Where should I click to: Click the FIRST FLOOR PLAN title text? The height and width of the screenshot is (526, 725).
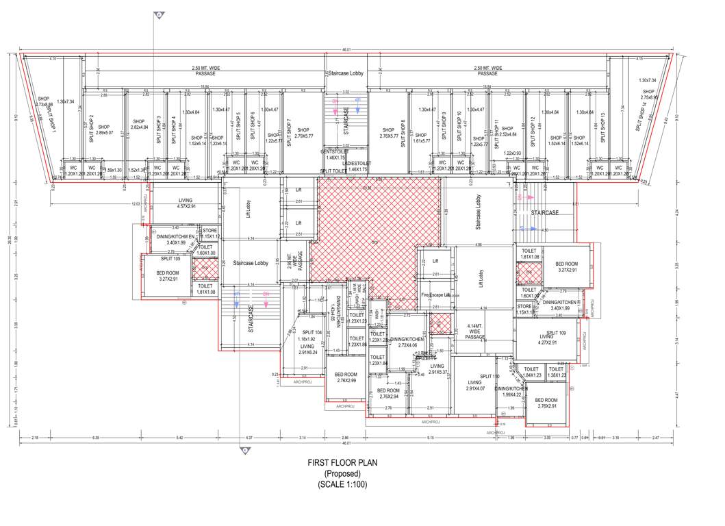pyautogui.click(x=342, y=464)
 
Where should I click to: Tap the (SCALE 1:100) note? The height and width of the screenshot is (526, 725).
pyautogui.click(x=342, y=484)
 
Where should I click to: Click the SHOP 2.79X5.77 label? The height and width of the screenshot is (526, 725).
pyautogui.click(x=303, y=133)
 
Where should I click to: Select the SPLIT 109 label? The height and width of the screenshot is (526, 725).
pyautogui.click(x=556, y=332)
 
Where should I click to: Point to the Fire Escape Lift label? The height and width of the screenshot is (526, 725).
pyautogui.click(x=435, y=295)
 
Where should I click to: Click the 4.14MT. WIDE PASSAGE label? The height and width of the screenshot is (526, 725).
pyautogui.click(x=475, y=332)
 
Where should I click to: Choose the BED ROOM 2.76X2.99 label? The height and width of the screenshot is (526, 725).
pyautogui.click(x=346, y=377)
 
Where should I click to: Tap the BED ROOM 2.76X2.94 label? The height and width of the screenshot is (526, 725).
pyautogui.click(x=389, y=393)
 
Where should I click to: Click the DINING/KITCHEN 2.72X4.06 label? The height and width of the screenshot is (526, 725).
pyautogui.click(x=407, y=342)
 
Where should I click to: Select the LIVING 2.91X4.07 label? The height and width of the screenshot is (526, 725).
pyautogui.click(x=476, y=386)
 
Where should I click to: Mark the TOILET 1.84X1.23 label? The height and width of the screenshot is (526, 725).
pyautogui.click(x=532, y=373)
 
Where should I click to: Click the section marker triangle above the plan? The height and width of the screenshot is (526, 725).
pyautogui.click(x=159, y=15)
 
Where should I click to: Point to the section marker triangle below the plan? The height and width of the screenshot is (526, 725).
pyautogui.click(x=243, y=450)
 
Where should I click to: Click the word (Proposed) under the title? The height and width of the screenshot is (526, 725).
pyautogui.click(x=342, y=474)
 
